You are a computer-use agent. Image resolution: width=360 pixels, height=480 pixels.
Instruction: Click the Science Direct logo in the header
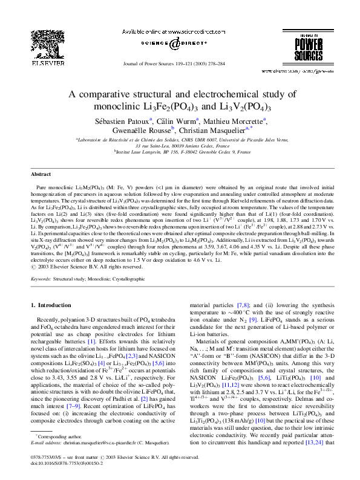174,44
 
